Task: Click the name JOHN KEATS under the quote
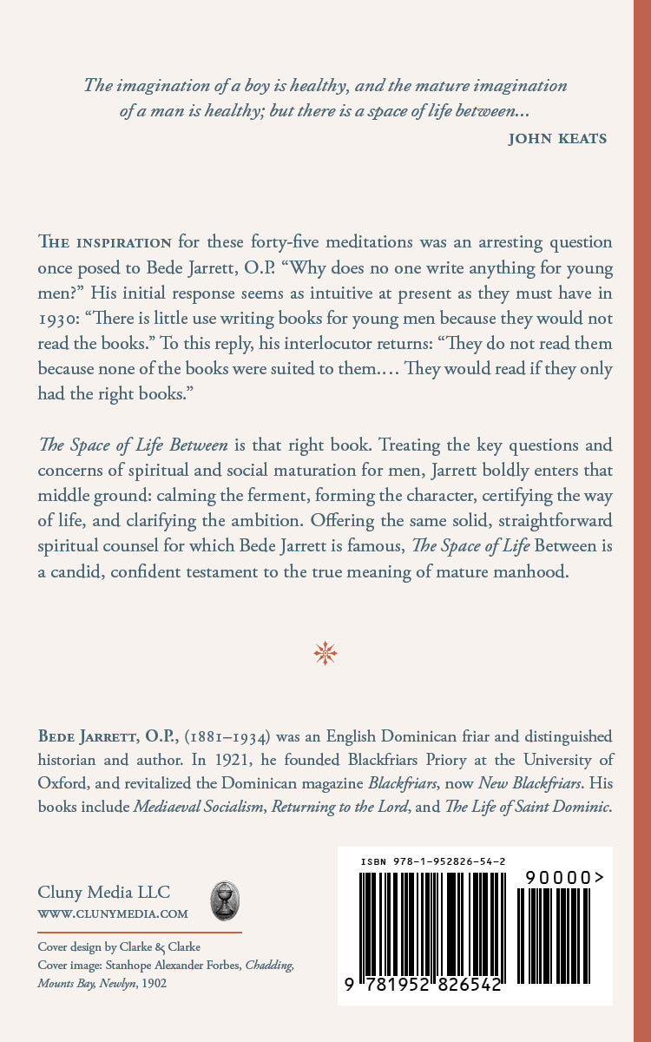(x=557, y=138)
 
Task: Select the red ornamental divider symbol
(x=325, y=653)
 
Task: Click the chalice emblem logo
(x=226, y=900)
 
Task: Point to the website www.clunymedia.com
(x=113, y=913)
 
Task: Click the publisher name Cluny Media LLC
(x=104, y=892)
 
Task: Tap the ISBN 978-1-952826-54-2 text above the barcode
(x=433, y=861)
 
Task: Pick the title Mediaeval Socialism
(x=199, y=807)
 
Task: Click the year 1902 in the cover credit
(x=152, y=983)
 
